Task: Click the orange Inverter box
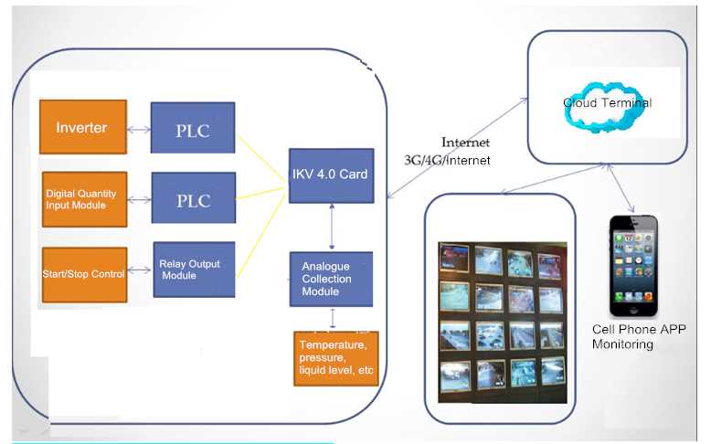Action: click(82, 127)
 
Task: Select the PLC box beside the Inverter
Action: click(193, 130)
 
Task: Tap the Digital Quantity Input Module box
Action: click(84, 198)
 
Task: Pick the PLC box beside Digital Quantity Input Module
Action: click(193, 200)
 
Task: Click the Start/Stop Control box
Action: click(83, 274)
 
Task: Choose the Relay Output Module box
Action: click(193, 270)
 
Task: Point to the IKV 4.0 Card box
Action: click(331, 174)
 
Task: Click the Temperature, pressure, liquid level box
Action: click(336, 358)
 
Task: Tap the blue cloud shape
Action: click(607, 104)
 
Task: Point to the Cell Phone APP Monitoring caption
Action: click(638, 336)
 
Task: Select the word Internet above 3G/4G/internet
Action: click(465, 143)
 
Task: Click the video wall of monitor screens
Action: click(502, 320)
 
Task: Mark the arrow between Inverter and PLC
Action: click(139, 130)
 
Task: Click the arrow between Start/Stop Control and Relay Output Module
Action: click(140, 270)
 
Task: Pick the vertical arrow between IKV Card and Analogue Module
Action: click(331, 227)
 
